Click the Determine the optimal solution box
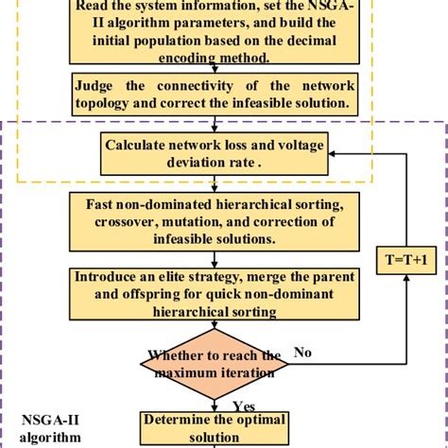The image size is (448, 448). click(x=211, y=428)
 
